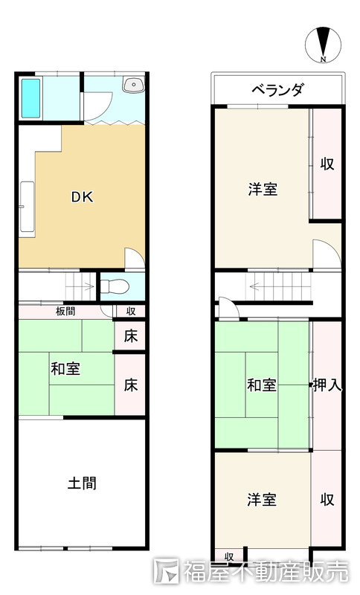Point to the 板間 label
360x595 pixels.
pyautogui.click(x=65, y=311)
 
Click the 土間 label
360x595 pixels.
pyautogui.click(x=81, y=483)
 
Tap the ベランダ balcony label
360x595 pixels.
pyautogui.click(x=277, y=91)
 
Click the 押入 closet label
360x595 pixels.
pyautogui.click(x=327, y=385)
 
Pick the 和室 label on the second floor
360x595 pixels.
pyautogui.click(x=262, y=385)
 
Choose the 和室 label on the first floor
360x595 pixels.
pyautogui.click(x=66, y=368)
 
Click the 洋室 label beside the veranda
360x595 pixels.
pyautogui.click(x=263, y=189)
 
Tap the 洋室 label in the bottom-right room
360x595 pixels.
pyautogui.click(x=262, y=499)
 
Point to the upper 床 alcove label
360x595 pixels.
pyautogui.click(x=130, y=335)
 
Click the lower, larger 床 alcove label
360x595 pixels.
pyautogui.click(x=130, y=385)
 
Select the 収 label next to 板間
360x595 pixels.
pyautogui.click(x=130, y=311)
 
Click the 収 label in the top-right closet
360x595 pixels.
pyautogui.click(x=327, y=164)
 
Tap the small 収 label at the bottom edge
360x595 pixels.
pyautogui.click(x=229, y=556)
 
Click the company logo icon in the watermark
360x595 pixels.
pyautogui.click(x=167, y=571)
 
